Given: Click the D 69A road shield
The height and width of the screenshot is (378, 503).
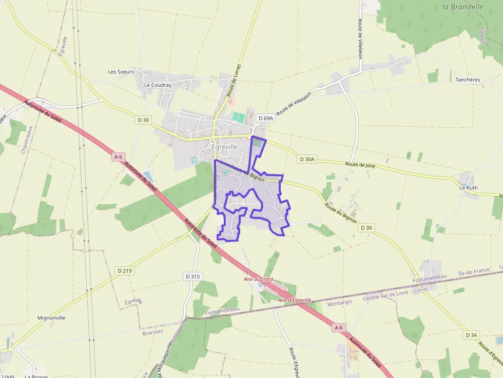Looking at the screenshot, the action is point(266,118).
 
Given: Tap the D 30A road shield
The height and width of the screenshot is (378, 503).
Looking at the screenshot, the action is point(306,160).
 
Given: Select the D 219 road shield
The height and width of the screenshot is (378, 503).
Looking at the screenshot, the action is point(124,270).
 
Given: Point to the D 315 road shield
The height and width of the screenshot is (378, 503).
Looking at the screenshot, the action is point(191,276).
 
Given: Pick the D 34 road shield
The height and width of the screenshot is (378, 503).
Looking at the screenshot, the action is point(471,335).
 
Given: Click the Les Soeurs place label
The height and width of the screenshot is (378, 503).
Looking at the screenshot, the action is point(121,72).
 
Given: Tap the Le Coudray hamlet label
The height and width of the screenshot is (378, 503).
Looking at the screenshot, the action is point(158,85).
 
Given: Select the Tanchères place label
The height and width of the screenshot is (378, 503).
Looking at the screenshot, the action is point(468,80).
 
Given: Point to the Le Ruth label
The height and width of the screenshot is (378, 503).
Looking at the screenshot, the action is point(468,188).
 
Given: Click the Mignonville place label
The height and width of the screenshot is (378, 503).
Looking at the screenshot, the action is point(51,318).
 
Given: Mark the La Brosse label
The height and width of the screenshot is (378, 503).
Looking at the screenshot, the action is point(36,376).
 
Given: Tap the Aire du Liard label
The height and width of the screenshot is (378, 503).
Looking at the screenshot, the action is point(258,280).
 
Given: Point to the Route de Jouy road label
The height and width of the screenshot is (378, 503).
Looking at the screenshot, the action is point(360,165).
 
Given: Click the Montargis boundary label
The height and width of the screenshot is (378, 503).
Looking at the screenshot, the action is point(340,303).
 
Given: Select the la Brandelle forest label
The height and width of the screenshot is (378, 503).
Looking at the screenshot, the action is point(462,7).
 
